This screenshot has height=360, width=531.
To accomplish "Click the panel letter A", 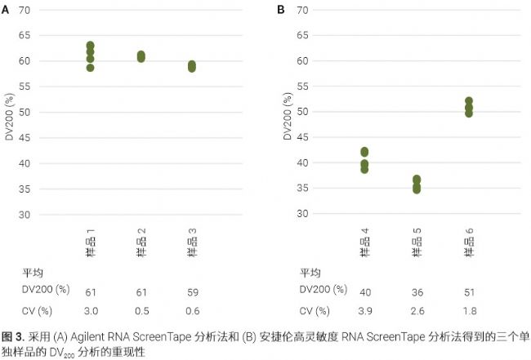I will pos(6,11).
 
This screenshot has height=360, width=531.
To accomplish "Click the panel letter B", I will pos(281,11).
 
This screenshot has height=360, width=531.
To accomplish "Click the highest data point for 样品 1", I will pos(91,46).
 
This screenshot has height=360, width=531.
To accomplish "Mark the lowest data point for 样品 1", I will pos(91,68).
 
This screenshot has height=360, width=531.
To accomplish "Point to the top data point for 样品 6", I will pos(469,101).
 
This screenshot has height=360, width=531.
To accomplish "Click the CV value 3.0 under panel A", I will pos(91,310).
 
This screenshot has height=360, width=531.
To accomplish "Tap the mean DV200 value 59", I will pos(191,291).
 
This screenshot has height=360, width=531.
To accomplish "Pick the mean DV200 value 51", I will pos(468,291).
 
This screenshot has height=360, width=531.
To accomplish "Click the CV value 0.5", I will pos(141,310).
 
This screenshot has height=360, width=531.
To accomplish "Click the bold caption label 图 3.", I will pos(14,336).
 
